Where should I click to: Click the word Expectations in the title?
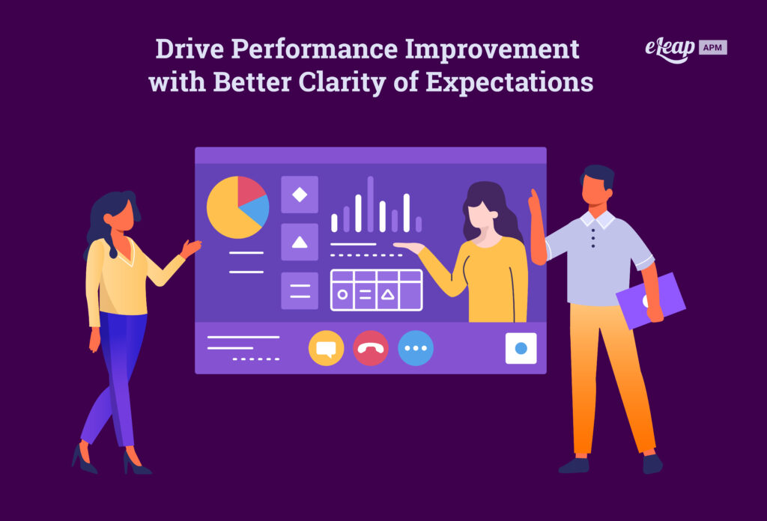click(509, 82)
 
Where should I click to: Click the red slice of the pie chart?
click(250, 192)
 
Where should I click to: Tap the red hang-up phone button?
click(371, 348)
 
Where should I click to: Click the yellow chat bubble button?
click(326, 348)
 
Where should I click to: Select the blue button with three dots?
click(416, 348)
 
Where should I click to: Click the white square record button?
click(521, 348)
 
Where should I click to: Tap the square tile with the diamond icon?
click(300, 195)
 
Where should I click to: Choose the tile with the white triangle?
click(300, 242)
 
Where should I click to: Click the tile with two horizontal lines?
click(300, 290)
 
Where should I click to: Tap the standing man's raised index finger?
click(533, 196)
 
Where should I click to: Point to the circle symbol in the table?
click(342, 295)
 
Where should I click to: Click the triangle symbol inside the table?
click(387, 295)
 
